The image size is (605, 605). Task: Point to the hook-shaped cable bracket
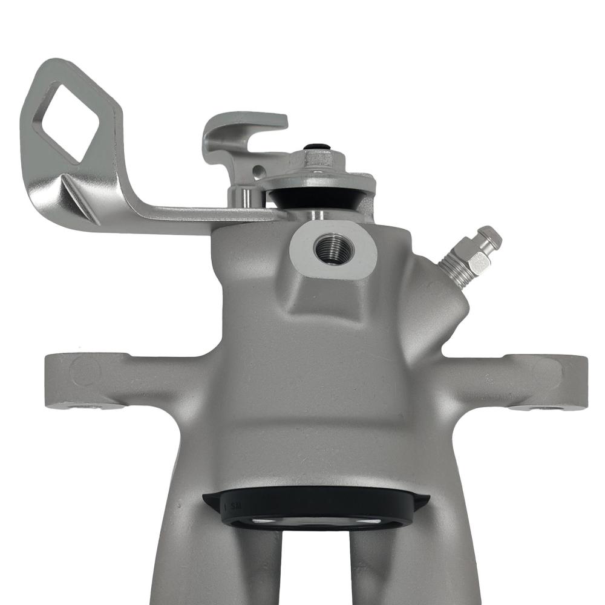pos(242,130)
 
